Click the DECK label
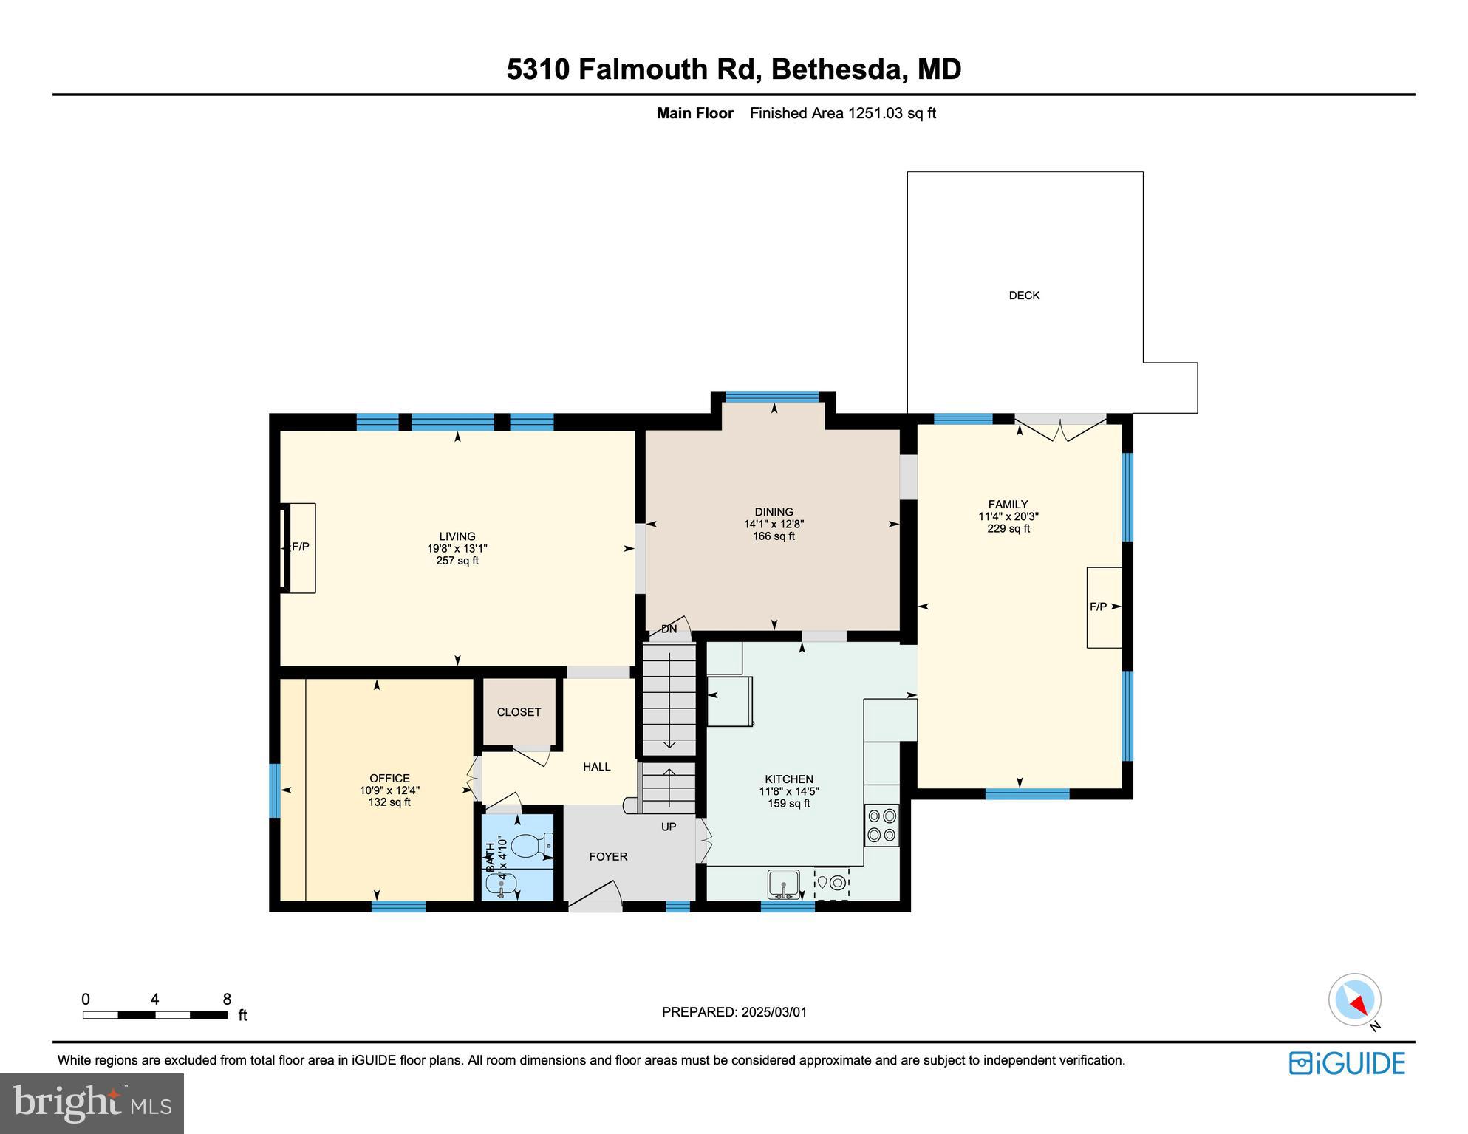tap(1024, 296)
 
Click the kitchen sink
tap(784, 884)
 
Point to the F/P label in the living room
tap(300, 547)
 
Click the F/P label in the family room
tap(1098, 607)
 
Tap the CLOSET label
tap(519, 712)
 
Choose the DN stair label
tap(669, 629)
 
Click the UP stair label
tap(669, 827)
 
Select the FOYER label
tap(608, 857)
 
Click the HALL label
tap(596, 767)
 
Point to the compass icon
tap(1355, 1000)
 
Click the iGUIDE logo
tap(1347, 1063)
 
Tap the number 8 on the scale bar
tap(227, 1000)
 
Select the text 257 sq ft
tap(457, 561)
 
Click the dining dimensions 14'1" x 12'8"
tap(774, 524)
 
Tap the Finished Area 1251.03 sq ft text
tap(842, 113)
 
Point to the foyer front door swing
tap(595, 894)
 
